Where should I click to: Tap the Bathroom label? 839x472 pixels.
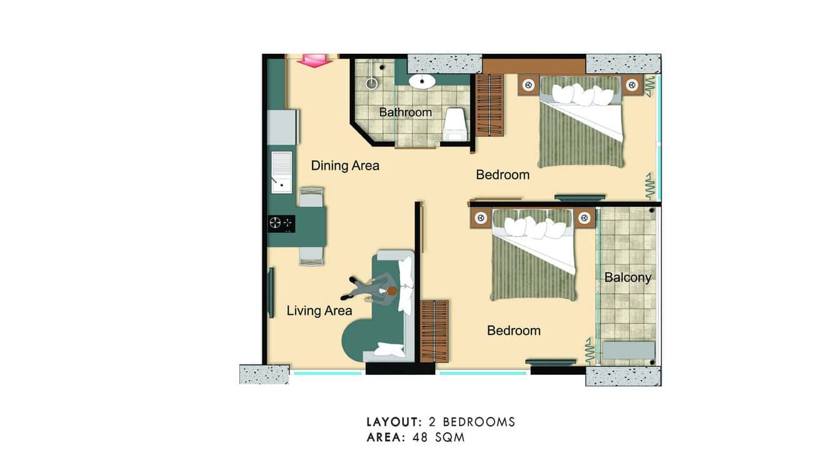click(x=405, y=113)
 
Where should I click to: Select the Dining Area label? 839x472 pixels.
click(x=345, y=166)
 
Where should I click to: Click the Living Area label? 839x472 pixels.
click(x=319, y=310)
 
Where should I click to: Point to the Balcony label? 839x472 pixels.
click(x=627, y=277)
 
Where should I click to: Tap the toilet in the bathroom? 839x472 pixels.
click(x=454, y=123)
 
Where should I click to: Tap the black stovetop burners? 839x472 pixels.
click(x=281, y=223)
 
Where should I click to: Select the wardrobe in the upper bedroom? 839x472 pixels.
click(x=490, y=105)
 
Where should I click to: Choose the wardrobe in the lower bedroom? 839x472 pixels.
click(x=434, y=331)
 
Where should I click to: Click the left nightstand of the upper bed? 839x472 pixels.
click(x=528, y=85)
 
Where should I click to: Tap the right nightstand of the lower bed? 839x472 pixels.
click(x=585, y=218)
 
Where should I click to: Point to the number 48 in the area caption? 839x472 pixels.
click(x=420, y=438)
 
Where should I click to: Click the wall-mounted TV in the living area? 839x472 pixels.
click(x=271, y=292)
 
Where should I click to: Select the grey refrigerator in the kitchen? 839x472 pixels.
click(x=283, y=127)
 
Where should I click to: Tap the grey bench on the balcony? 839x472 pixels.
click(x=628, y=350)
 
